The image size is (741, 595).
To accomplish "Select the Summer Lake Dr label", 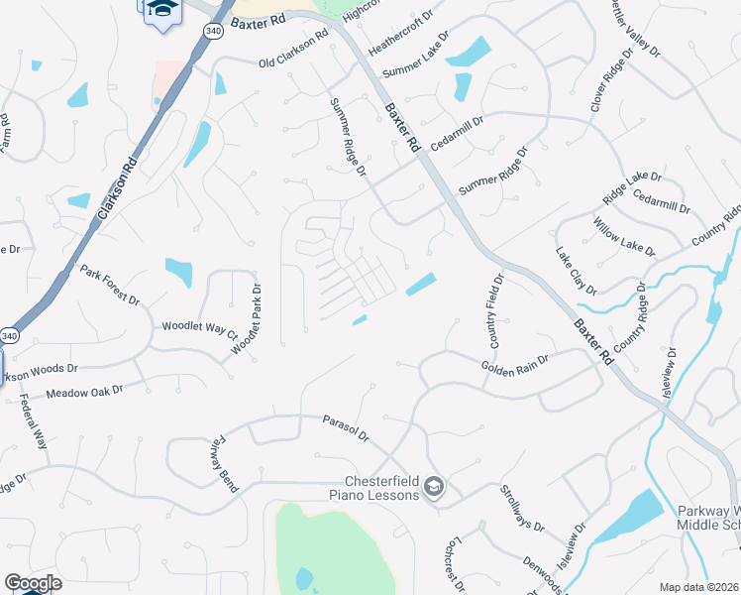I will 416,56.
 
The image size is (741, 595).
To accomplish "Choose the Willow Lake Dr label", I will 624,234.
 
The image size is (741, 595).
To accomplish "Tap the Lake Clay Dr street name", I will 577,271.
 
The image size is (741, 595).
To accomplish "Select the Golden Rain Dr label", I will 515,365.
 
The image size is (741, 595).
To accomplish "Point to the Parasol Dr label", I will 346,428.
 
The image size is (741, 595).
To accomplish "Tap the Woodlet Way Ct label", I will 201,328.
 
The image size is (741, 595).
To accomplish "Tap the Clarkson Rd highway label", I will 117,187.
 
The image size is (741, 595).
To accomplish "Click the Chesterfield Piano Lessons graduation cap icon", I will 433,488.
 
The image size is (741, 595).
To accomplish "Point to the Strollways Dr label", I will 522,508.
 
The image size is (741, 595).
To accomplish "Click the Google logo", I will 33,583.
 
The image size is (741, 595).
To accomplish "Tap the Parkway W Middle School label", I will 707,518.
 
